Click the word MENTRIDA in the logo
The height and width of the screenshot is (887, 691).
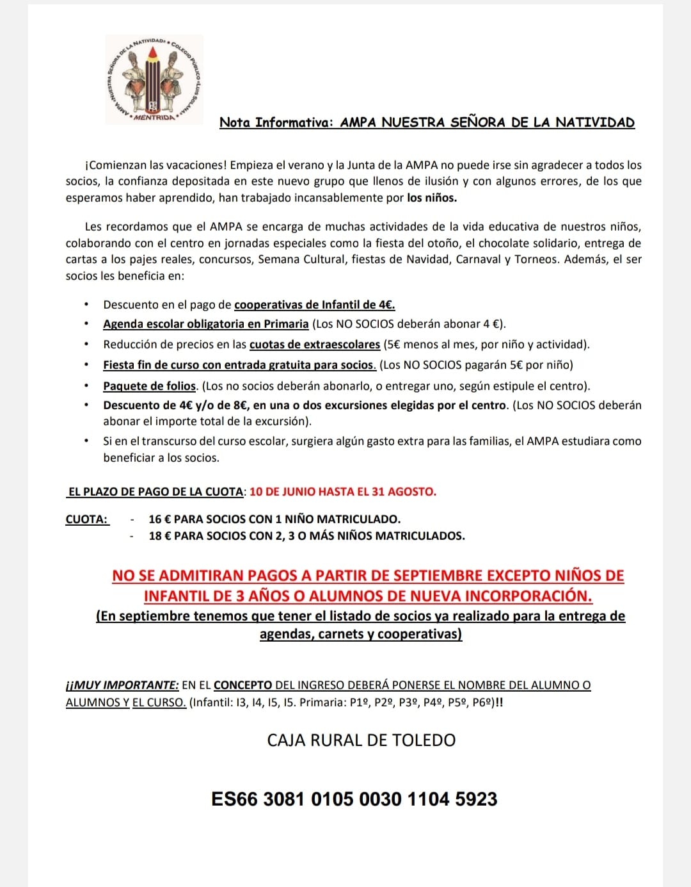pyautogui.click(x=154, y=118)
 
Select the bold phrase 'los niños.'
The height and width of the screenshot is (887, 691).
pyautogui.click(x=432, y=198)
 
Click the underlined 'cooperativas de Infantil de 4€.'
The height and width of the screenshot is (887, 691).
pyautogui.click(x=315, y=305)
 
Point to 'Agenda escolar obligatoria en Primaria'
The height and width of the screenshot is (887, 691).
pyautogui.click(x=206, y=324)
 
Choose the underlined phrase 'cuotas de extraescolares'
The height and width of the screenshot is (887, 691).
pyautogui.click(x=315, y=345)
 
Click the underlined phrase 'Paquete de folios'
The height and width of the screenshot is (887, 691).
pyautogui.click(x=150, y=386)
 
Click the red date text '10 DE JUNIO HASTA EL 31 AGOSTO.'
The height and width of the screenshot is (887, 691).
pyautogui.click(x=343, y=492)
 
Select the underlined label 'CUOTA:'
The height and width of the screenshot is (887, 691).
pyautogui.click(x=87, y=519)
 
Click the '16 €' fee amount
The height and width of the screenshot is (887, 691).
pyautogui.click(x=159, y=519)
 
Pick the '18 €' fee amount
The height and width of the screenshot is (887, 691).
pyautogui.click(x=159, y=536)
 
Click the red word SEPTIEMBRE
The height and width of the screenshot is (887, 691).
pyautogui.click(x=438, y=576)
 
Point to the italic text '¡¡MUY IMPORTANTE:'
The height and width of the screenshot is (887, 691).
pyautogui.click(x=122, y=685)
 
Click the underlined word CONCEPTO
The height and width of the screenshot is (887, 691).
pyautogui.click(x=243, y=685)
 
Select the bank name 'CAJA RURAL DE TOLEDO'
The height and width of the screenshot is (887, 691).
pyautogui.click(x=361, y=740)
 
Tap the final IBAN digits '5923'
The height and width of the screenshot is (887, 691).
pyautogui.click(x=476, y=799)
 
